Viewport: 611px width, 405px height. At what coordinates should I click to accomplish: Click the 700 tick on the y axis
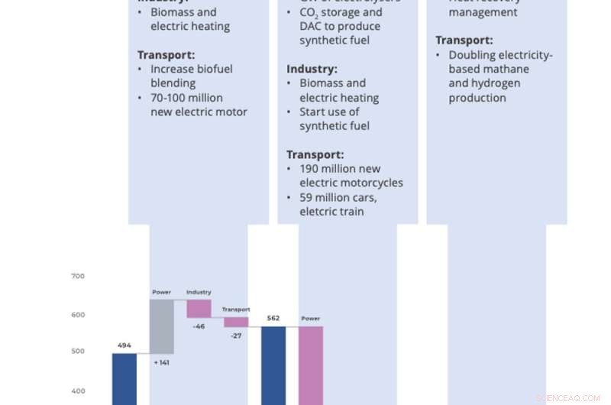point(78,276)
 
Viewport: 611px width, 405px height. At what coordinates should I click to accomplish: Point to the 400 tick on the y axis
point(78,390)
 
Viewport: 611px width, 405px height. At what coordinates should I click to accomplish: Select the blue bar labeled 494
point(124,378)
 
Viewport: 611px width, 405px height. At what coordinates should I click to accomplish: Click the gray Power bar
point(161,326)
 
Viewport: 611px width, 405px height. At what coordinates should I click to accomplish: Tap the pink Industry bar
point(199,308)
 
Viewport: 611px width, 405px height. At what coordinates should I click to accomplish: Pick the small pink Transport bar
point(236,322)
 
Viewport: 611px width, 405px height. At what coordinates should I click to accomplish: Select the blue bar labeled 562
point(273,364)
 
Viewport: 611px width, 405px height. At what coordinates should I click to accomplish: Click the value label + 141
point(161,362)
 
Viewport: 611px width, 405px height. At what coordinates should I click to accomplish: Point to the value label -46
point(199,326)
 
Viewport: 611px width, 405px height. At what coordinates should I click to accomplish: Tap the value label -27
point(236,335)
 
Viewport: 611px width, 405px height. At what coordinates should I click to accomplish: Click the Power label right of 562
point(311,319)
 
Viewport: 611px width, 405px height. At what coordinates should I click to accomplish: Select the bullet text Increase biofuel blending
point(191,76)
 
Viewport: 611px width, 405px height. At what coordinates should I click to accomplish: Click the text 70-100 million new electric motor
point(198,105)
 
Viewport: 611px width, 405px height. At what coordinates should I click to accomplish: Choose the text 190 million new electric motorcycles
point(351,176)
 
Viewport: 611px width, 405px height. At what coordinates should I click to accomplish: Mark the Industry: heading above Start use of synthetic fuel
point(312,69)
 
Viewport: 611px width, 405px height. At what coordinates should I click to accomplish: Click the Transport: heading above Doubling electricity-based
point(464,40)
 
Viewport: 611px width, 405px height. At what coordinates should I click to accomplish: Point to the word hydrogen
point(495,83)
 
